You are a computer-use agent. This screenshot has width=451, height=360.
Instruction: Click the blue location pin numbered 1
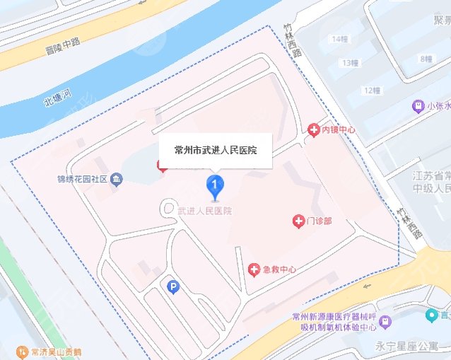215,187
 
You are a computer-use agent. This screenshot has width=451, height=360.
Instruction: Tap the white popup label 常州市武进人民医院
216,150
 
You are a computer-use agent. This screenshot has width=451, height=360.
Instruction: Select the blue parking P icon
172,286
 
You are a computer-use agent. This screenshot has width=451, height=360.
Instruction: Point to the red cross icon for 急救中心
254,269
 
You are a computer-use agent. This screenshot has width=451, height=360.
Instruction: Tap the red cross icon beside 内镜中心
313,129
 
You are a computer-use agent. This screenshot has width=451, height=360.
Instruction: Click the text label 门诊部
320,221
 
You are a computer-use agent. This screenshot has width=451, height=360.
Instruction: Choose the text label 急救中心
279,269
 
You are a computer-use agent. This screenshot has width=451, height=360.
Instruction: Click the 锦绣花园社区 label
83,180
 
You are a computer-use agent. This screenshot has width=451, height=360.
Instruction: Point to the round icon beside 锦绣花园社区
117,180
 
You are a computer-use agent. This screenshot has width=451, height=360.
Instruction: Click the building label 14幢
339,38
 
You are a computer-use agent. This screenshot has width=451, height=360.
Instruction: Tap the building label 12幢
372,90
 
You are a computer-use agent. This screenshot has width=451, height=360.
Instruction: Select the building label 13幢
349,63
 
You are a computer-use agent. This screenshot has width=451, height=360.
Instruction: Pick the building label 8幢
426,58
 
